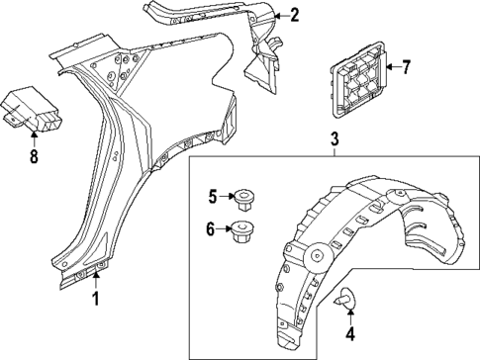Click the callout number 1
tap(96, 298)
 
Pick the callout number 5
tap(211, 197)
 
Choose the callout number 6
tap(211, 229)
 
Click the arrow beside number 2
tap(279, 16)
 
